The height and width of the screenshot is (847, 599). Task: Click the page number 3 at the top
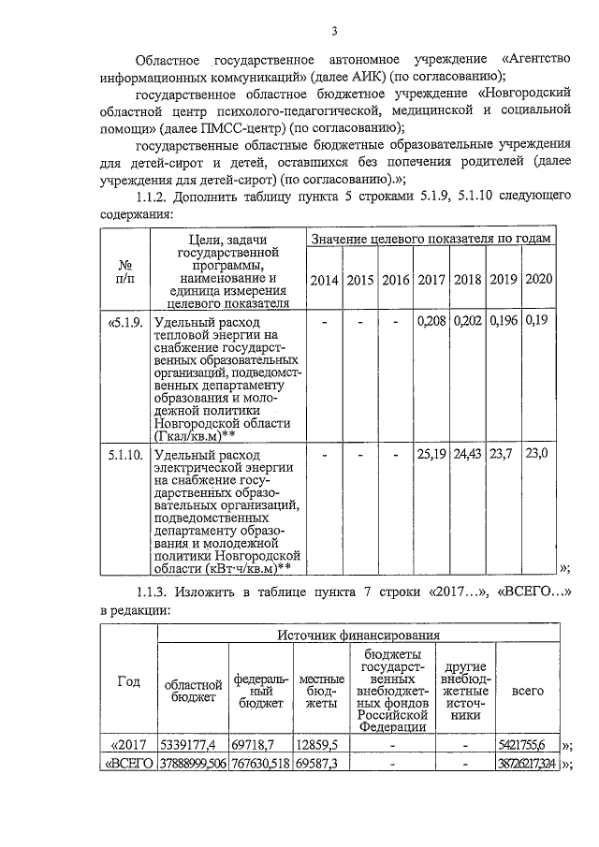click(x=334, y=34)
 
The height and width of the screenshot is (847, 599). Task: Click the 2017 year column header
click(x=431, y=280)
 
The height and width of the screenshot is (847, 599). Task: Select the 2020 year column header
click(x=538, y=279)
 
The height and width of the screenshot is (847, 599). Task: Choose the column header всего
click(x=529, y=690)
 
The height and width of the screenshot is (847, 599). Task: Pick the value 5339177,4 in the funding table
click(x=190, y=745)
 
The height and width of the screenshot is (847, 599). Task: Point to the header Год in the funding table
click(x=128, y=681)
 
